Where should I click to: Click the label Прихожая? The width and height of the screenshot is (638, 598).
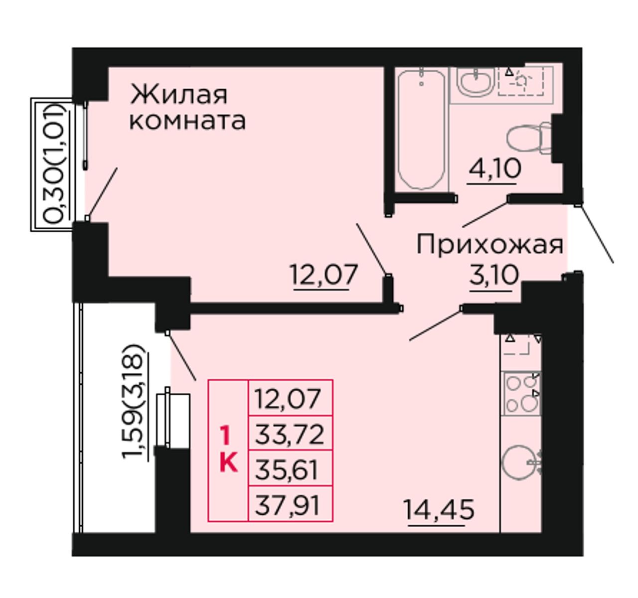pyautogui.click(x=489, y=245)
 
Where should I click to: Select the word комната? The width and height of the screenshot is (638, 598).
pyautogui.click(x=187, y=121)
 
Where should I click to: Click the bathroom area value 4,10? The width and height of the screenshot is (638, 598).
pyautogui.click(x=494, y=169)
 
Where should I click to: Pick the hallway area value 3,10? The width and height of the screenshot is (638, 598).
pyautogui.click(x=494, y=275)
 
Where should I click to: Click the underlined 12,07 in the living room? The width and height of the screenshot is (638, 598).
pyautogui.click(x=324, y=274)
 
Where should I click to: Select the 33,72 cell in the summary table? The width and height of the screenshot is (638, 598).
pyautogui.click(x=290, y=435)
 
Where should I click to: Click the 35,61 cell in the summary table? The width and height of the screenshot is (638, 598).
pyautogui.click(x=290, y=469)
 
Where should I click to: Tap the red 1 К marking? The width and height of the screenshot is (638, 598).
pyautogui.click(x=228, y=450)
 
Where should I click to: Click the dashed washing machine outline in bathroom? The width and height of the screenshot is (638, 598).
pyautogui.click(x=521, y=81)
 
